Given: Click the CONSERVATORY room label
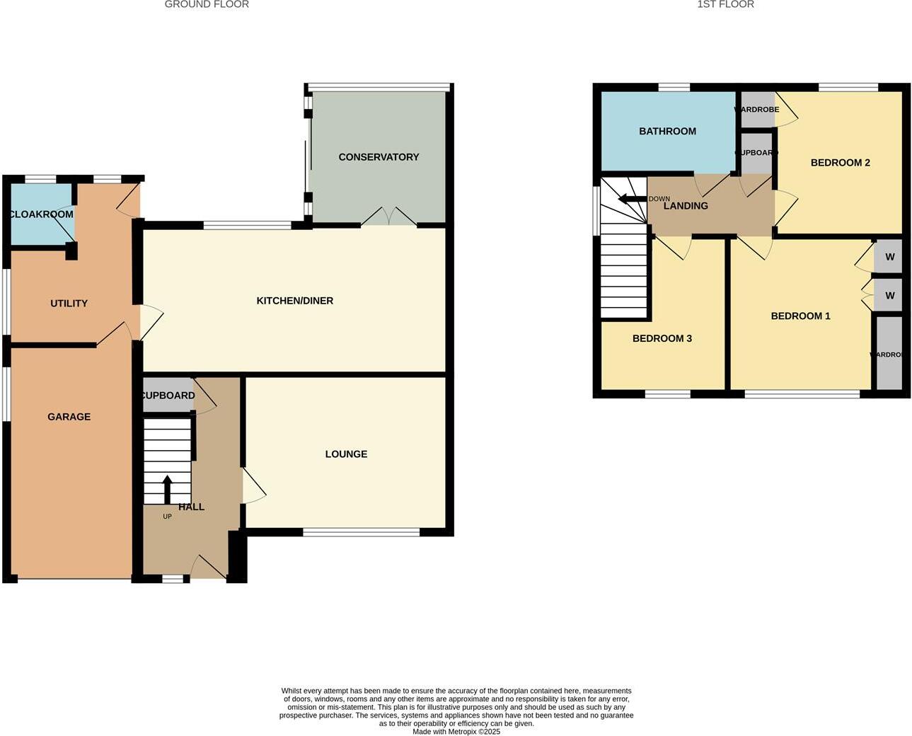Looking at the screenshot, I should click(x=379, y=157).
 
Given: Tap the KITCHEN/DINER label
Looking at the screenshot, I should click(x=294, y=301).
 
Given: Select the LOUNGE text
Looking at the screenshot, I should click(x=346, y=454).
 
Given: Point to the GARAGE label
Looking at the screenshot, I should click(x=69, y=417).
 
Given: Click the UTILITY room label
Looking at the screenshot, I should click(x=69, y=304).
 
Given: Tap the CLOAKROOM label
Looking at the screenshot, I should click(x=41, y=214).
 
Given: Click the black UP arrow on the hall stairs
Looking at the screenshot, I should click(x=167, y=488).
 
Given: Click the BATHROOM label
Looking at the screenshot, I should click(x=667, y=132).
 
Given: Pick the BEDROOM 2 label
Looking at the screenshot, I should click(x=840, y=163).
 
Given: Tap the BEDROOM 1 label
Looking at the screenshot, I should click(x=800, y=316).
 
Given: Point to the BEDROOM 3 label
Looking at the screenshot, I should click(x=662, y=339).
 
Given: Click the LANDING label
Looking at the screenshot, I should click(x=685, y=206).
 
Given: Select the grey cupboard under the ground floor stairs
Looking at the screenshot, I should click(x=168, y=396).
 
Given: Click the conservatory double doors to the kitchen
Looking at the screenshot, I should click(x=388, y=217).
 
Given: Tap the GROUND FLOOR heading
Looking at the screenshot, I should click(x=207, y=5).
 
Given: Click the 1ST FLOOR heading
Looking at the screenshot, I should click(x=725, y=5).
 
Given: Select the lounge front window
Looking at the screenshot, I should click(x=361, y=532).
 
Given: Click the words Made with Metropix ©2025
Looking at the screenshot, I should click(x=456, y=732).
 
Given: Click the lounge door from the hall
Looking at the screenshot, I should click(x=253, y=486).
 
